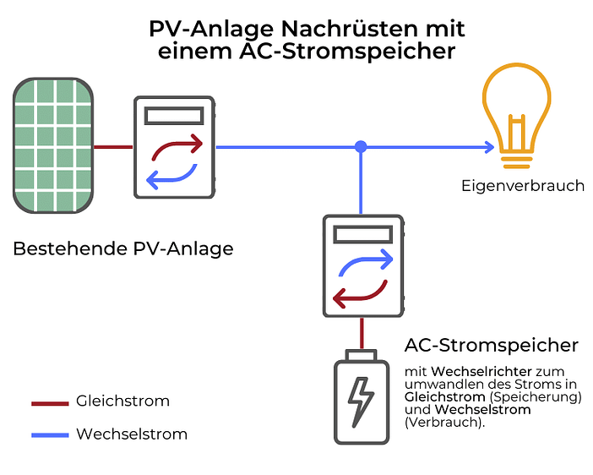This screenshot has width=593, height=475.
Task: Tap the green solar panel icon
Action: [52, 145]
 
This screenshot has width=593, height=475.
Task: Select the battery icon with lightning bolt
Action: [362, 400]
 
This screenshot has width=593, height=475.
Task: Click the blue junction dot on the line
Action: [361, 147]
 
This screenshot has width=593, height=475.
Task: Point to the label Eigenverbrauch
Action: [523, 185]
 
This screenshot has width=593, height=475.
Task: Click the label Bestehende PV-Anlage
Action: [123, 249]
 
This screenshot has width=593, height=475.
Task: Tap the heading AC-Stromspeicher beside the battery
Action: [491, 345]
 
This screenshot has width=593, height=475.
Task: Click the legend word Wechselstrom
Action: [131, 434]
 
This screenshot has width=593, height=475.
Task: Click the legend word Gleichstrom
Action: [122, 401]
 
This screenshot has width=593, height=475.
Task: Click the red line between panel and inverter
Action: [113, 147]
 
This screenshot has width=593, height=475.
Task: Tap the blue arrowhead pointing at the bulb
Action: [489, 147]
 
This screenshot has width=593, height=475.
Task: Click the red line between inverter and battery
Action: [362, 333]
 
